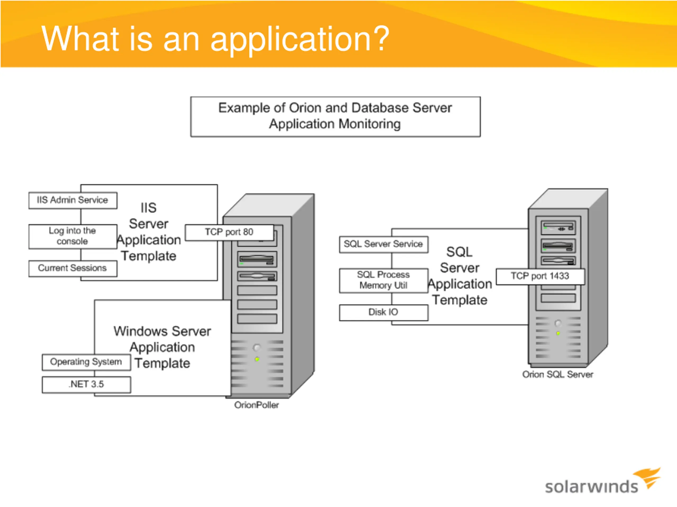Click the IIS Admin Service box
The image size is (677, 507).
pyautogui.click(x=73, y=200)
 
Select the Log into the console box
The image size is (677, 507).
pyautogui.click(x=73, y=237)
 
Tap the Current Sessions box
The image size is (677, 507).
pyautogui.click(x=73, y=268)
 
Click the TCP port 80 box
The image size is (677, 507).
pyautogui.click(x=229, y=233)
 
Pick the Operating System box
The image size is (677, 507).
pyautogui.click(x=86, y=362)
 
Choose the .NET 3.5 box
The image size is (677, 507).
pyautogui.click(x=86, y=385)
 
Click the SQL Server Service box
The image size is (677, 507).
pyautogui.click(x=383, y=245)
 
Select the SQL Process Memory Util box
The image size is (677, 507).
pyautogui.click(x=383, y=280)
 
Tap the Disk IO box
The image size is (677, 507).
pyautogui.click(x=383, y=313)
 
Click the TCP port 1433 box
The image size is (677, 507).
pyautogui.click(x=540, y=276)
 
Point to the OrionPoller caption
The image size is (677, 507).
pyautogui.click(x=257, y=405)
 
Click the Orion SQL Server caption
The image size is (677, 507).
pyautogui.click(x=558, y=375)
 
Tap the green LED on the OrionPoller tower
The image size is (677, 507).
pyautogui.click(x=257, y=359)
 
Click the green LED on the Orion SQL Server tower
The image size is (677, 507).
pyautogui.click(x=558, y=334)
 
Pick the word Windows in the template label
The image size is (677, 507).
pyautogui.click(x=137, y=331)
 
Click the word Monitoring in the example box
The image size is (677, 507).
pyautogui.click(x=370, y=124)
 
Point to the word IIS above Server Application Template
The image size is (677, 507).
pyautogui.click(x=149, y=208)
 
